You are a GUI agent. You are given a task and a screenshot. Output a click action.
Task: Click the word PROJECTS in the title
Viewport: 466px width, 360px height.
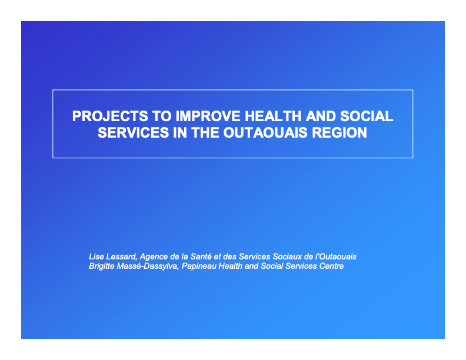[110, 116]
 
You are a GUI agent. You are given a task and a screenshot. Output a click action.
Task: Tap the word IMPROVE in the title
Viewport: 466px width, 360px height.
[208, 116]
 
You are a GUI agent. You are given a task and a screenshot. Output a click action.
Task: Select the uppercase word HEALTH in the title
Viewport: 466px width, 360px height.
[273, 116]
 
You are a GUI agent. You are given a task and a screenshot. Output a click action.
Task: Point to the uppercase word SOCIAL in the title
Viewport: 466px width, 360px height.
[367, 116]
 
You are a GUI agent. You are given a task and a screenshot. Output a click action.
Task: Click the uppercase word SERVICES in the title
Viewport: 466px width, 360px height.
[134, 132]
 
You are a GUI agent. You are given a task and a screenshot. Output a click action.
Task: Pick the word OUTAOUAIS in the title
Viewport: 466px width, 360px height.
[265, 132]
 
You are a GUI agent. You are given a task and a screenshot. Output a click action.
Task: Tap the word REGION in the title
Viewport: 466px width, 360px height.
[339, 132]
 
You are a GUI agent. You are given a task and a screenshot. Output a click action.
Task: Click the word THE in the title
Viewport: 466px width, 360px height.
[205, 132]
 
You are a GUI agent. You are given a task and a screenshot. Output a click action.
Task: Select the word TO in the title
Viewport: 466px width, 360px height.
[162, 116]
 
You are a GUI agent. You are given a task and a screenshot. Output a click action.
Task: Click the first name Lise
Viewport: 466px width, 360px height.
[96, 256]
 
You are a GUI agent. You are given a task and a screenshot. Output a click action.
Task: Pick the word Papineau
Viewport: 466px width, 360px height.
[199, 266]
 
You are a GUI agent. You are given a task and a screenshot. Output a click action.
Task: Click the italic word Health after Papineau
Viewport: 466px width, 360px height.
[230, 266]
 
